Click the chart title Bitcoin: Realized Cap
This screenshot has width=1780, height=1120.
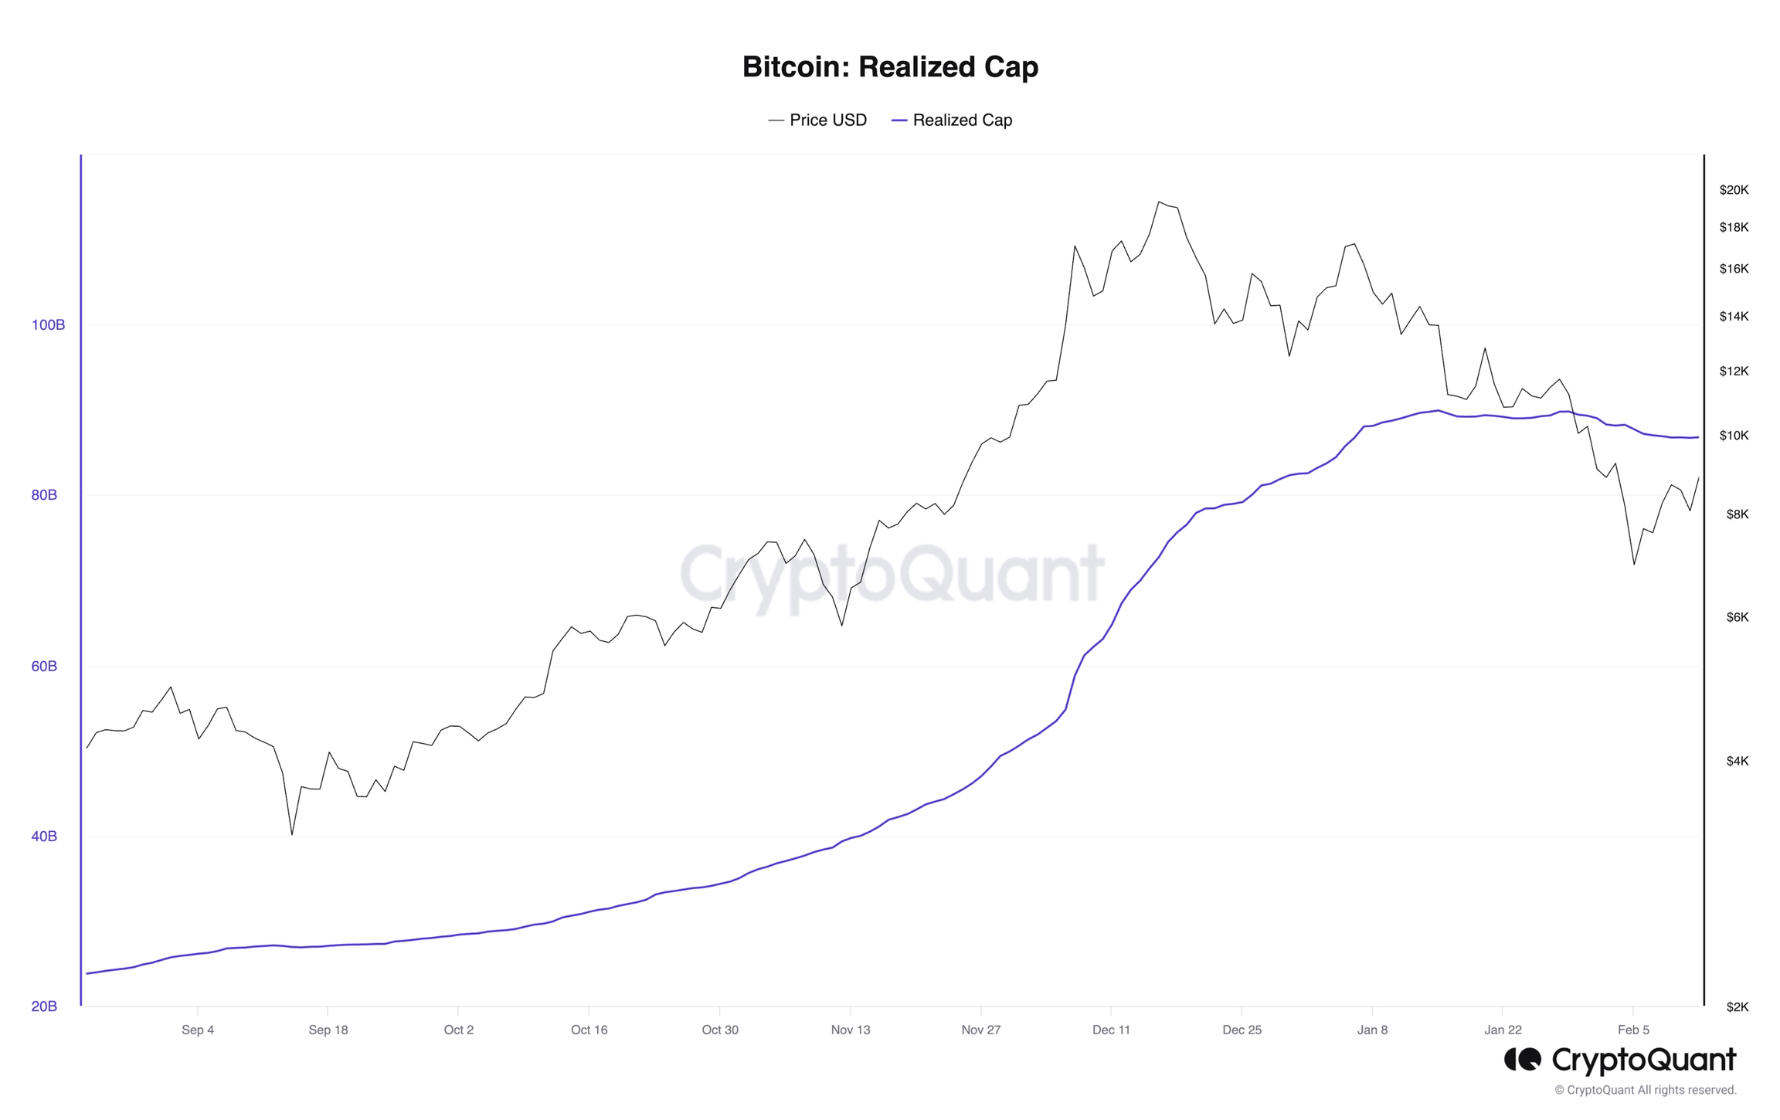[x=890, y=66]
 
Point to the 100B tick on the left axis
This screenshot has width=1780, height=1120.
[x=48, y=324]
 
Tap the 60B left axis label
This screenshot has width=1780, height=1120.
[x=44, y=666]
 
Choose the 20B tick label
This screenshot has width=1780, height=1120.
[x=44, y=1006]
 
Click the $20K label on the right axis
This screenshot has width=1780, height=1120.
[x=1734, y=190]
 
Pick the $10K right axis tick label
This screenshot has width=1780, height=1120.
[x=1734, y=436]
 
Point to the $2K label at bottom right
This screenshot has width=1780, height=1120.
[x=1737, y=1006]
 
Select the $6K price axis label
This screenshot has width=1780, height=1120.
[x=1737, y=617]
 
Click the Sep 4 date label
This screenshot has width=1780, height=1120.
[x=198, y=1030]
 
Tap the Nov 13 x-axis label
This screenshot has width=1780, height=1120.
[x=851, y=1030]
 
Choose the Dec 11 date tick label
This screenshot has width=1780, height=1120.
[x=1111, y=1030]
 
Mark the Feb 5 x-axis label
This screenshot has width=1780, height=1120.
[x=1633, y=1030]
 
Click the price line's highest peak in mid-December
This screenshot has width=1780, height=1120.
[x=1159, y=202]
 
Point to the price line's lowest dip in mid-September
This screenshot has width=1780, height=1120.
[x=292, y=834]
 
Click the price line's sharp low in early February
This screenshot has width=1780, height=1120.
[x=1634, y=564]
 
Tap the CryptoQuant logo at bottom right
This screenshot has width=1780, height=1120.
[x=1620, y=1060]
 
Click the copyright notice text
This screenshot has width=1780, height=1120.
[x=1646, y=1090]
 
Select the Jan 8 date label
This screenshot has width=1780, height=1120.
[x=1372, y=1030]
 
